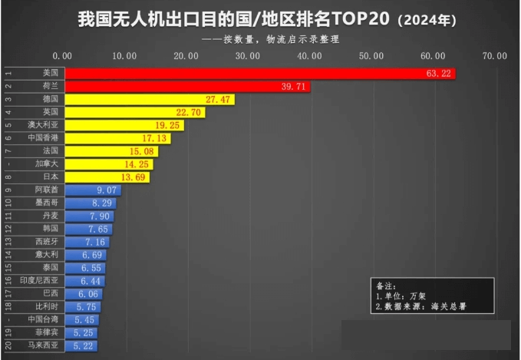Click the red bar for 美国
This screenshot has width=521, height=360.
pyautogui.click(x=259, y=73)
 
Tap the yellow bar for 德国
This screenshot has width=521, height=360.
pyautogui.click(x=150, y=100)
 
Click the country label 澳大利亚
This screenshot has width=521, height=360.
pyautogui.click(x=42, y=124)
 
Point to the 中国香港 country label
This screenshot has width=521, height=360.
pyautogui.click(x=42, y=137)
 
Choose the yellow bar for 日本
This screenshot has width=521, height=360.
pyautogui.click(x=107, y=177)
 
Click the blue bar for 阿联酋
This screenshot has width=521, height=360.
pyautogui.click(x=93, y=190)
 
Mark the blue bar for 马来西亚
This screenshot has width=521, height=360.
pyautogui.click(x=81, y=346)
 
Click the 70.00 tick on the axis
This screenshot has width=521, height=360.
pyautogui.click(x=495, y=55)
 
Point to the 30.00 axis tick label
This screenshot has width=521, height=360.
pyautogui.click(x=247, y=55)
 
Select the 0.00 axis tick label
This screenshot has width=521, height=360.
pyautogui.click(x=62, y=55)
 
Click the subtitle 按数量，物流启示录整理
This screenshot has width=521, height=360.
pyautogui.click(x=281, y=39)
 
